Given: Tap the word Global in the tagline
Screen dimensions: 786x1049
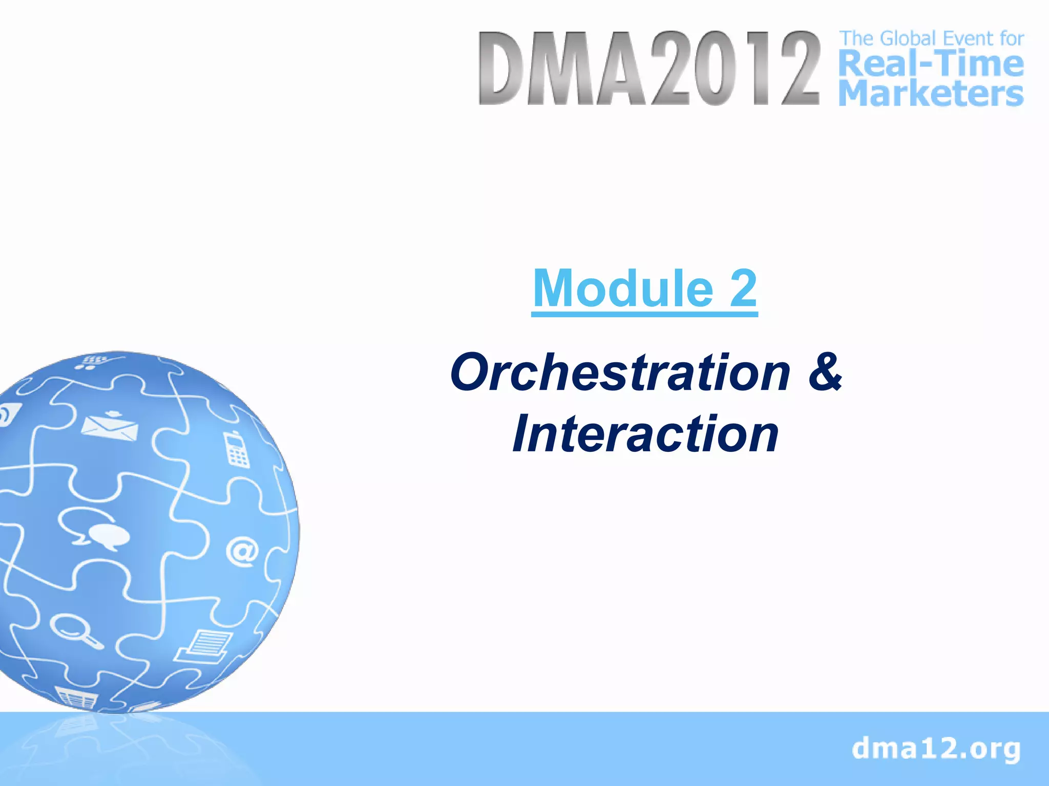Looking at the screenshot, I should (908, 38).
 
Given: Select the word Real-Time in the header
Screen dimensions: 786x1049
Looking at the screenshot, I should (931, 65).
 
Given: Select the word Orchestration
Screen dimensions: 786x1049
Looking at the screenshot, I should (620, 373).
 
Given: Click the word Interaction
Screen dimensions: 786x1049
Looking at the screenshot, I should (645, 434).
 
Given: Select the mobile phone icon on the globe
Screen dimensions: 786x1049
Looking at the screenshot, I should (236, 450).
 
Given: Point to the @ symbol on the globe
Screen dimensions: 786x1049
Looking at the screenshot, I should (242, 551).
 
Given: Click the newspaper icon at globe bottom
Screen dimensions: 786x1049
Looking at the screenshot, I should (77, 697).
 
